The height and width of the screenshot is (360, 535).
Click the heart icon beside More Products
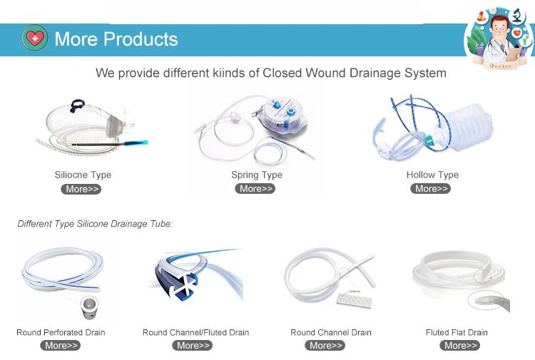pyautogui.click(x=35, y=38)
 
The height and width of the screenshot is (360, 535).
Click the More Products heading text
pyautogui.click(x=116, y=39)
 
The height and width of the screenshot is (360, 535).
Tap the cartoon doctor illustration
pyautogui.click(x=499, y=38)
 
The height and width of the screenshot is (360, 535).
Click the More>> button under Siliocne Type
pyautogui.click(x=81, y=189)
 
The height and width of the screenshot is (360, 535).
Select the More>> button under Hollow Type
pyautogui.click(x=431, y=188)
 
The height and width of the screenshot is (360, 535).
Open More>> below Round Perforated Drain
pyautogui.click(x=61, y=345)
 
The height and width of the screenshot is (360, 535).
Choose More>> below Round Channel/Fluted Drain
pyautogui.click(x=193, y=345)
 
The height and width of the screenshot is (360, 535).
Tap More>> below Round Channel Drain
pyautogui.click(x=325, y=345)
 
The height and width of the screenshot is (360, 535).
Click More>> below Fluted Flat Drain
pyautogui.click(x=460, y=345)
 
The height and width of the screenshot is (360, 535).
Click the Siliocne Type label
pyautogui.click(x=83, y=175)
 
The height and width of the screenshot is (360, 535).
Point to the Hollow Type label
pyautogui.click(x=433, y=175)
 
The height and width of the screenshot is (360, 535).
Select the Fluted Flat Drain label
pyautogui.click(x=457, y=332)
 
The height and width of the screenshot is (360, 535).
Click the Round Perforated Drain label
pyautogui.click(x=61, y=332)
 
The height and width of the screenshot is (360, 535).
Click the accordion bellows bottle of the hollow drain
pyautogui.click(x=468, y=125)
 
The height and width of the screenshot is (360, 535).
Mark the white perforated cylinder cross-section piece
pyautogui.click(x=90, y=307)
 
